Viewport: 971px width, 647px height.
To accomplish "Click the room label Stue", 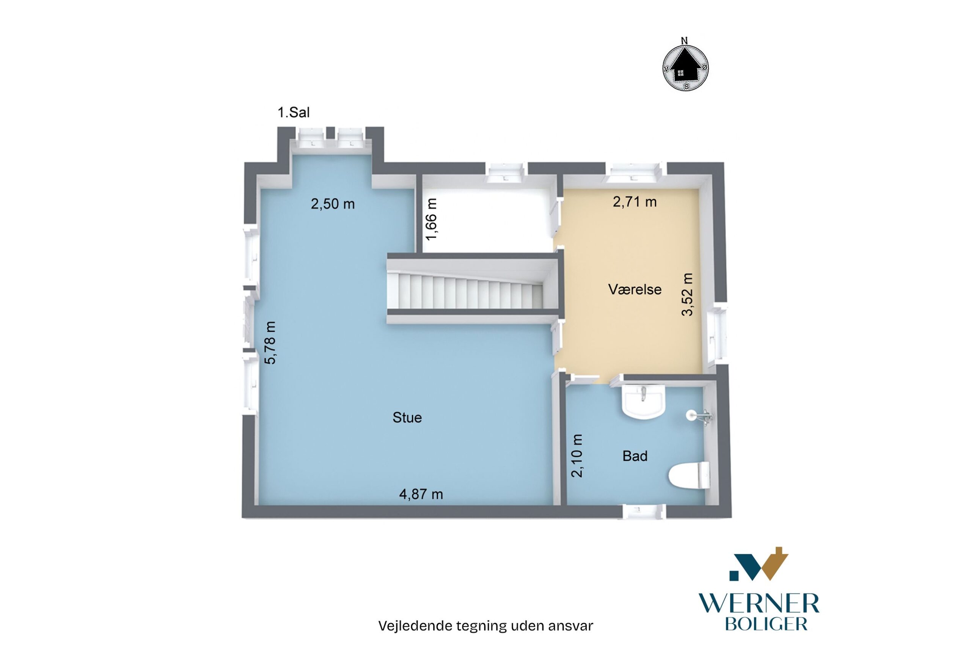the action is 407,418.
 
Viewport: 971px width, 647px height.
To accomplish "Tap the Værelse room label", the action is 635,289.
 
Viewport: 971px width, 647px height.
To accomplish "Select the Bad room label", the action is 635,456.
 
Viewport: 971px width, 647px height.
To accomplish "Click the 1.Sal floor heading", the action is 294,112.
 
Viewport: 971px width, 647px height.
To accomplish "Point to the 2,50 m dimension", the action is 333,204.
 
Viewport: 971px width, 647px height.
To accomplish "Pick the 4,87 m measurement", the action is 421,494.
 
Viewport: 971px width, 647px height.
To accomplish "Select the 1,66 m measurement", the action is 431,219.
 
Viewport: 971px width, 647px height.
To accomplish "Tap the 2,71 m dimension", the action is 635,202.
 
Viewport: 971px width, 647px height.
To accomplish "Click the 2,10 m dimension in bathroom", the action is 577,455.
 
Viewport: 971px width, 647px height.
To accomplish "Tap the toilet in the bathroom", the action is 689,475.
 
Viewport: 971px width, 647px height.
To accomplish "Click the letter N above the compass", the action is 684,41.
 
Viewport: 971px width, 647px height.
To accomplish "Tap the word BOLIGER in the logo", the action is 766,624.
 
